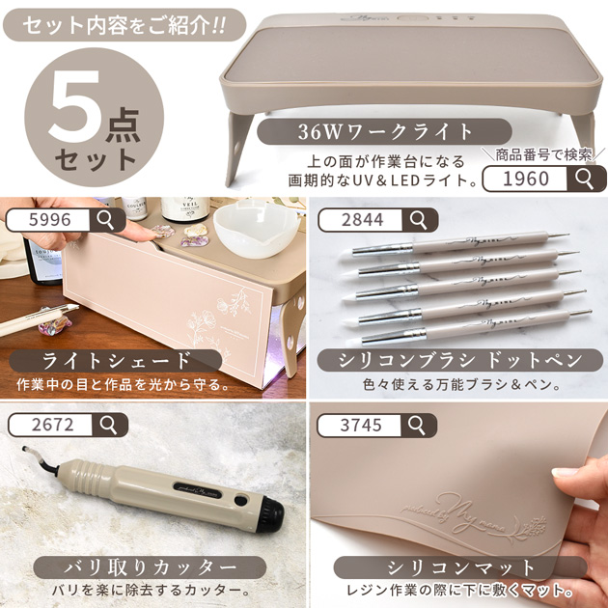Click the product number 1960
(526, 179)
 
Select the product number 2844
(362, 220)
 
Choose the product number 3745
(362, 424)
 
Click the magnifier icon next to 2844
(418, 220)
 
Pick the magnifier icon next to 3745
(418, 424)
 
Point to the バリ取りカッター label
(135, 566)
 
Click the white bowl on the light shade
(241, 227)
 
